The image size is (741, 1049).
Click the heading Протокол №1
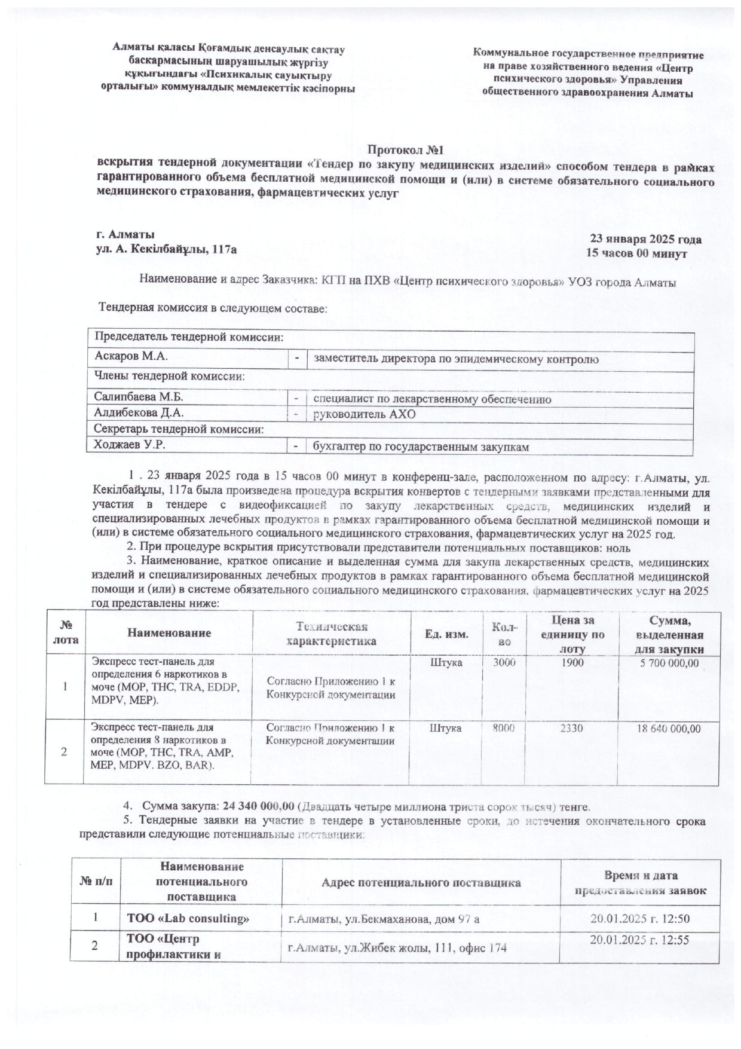point(405,149)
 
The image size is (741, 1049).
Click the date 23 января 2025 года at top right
point(645,239)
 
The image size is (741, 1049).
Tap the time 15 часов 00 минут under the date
point(636,253)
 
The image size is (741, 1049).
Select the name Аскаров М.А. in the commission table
point(131,356)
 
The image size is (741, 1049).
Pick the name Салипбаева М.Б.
point(139,397)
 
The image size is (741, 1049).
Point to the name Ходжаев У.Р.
point(130,445)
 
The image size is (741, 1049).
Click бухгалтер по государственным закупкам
point(421,446)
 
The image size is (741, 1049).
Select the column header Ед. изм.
point(446,634)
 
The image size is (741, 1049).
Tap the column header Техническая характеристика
point(331,634)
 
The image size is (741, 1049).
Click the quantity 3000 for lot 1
point(504,662)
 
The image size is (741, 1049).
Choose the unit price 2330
point(572,728)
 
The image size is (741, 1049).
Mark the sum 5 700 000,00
point(669,663)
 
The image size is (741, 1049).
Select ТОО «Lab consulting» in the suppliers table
point(188,919)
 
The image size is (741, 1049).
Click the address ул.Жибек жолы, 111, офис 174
point(397,947)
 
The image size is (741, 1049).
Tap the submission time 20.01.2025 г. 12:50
point(639,919)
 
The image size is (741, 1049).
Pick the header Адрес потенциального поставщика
point(421,883)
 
